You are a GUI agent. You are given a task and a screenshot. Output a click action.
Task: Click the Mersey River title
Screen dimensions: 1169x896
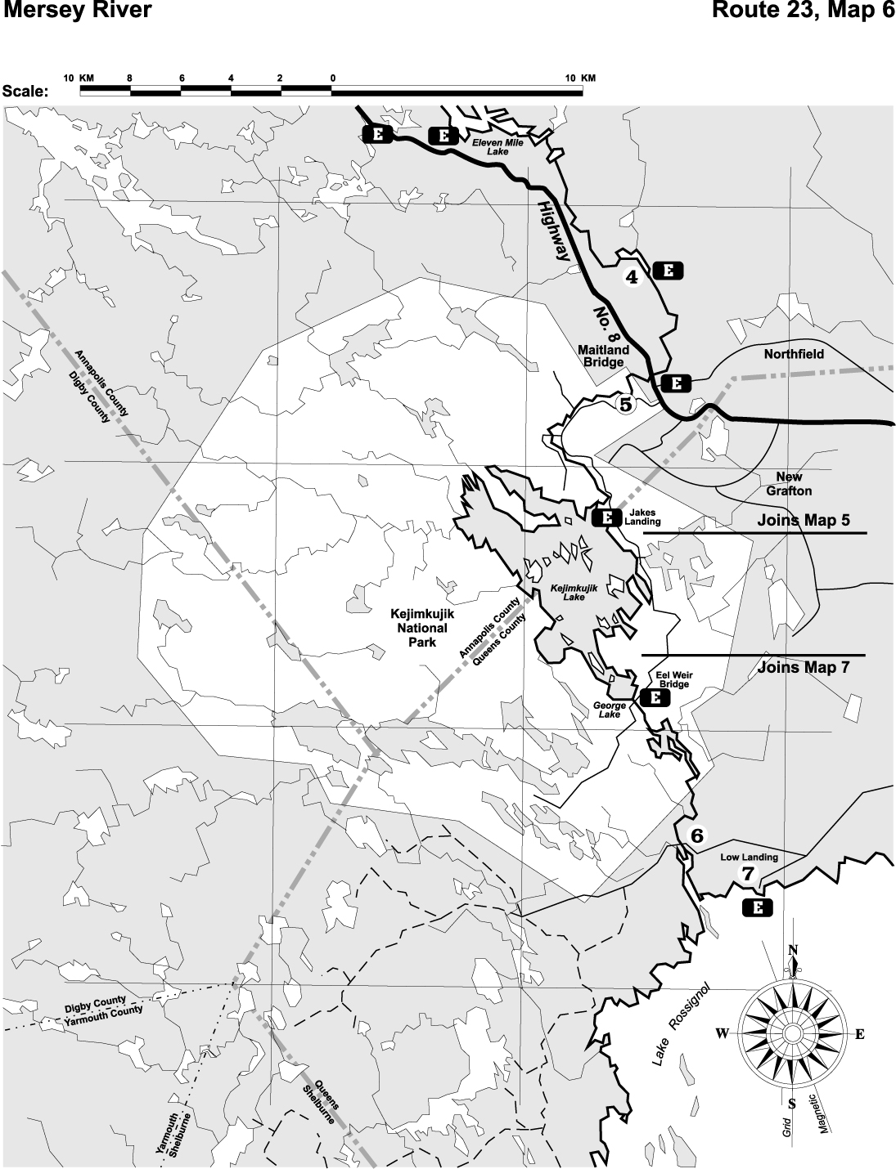point(77,11)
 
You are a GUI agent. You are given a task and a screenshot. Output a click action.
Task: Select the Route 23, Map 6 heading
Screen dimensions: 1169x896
point(803,11)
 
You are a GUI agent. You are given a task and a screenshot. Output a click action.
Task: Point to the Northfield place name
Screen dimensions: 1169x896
point(794,354)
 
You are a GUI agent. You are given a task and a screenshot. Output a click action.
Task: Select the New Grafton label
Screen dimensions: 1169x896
point(789,484)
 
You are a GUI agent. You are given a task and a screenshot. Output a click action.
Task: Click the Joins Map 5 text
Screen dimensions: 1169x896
point(803,521)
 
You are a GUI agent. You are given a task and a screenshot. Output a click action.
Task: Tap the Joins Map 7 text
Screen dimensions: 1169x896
point(803,667)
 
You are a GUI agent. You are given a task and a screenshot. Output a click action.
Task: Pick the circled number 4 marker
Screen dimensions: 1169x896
point(632,277)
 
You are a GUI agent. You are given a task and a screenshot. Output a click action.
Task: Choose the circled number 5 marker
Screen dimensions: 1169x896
point(626,404)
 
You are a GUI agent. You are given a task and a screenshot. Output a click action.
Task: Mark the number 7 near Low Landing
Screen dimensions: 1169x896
point(747,873)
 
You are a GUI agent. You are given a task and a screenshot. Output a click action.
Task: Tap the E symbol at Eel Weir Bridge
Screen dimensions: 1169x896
point(655,697)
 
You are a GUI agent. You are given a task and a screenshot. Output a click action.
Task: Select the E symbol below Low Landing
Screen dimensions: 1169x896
point(757,907)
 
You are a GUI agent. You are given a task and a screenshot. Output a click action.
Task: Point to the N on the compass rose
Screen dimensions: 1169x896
point(792,950)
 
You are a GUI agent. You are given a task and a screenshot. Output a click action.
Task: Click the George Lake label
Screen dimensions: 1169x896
point(610,710)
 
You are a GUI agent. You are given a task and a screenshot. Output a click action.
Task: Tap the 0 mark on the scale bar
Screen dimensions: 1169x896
point(332,78)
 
